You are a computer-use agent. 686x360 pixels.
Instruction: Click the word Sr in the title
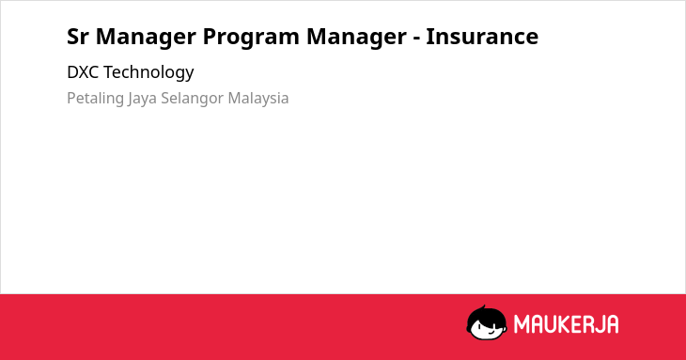click(77, 37)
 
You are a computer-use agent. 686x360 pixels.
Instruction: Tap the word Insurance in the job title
click(482, 37)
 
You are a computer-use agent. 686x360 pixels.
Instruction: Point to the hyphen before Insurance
click(416, 39)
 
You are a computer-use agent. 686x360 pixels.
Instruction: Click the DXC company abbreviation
click(83, 72)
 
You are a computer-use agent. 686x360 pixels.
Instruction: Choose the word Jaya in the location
click(143, 99)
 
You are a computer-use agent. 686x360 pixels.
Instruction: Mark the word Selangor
click(193, 99)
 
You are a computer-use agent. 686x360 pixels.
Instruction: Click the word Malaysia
click(258, 99)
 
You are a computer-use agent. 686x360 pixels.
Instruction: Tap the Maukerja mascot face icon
click(487, 322)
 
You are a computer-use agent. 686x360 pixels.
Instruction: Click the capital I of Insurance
click(430, 37)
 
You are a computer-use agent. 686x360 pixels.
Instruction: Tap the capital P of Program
click(210, 37)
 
